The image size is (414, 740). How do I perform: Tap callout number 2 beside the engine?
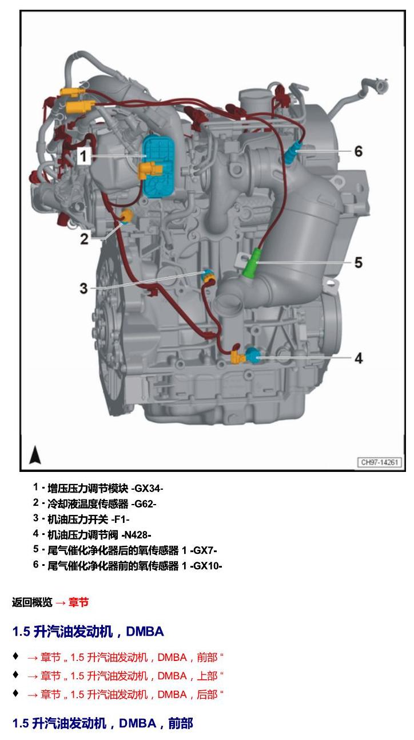tap(84, 238)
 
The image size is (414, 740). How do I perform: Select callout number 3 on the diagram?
tap(84, 289)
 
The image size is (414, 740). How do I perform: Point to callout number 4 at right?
tap(359, 358)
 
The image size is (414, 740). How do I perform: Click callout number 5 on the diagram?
tap(359, 263)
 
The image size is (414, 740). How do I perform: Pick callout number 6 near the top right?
tap(359, 151)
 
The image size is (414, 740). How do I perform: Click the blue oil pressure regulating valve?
tap(253, 356)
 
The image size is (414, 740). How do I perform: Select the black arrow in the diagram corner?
tap(35, 455)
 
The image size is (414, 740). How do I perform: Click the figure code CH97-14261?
tap(380, 462)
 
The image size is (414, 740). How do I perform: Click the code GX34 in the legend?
tap(147, 488)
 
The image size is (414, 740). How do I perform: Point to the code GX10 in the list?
tap(206, 566)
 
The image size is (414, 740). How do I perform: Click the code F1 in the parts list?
tap(121, 519)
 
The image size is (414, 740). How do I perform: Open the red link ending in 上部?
tap(125, 676)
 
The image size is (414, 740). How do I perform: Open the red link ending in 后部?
tap(125, 694)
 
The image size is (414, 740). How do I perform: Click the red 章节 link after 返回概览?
tap(78, 602)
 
